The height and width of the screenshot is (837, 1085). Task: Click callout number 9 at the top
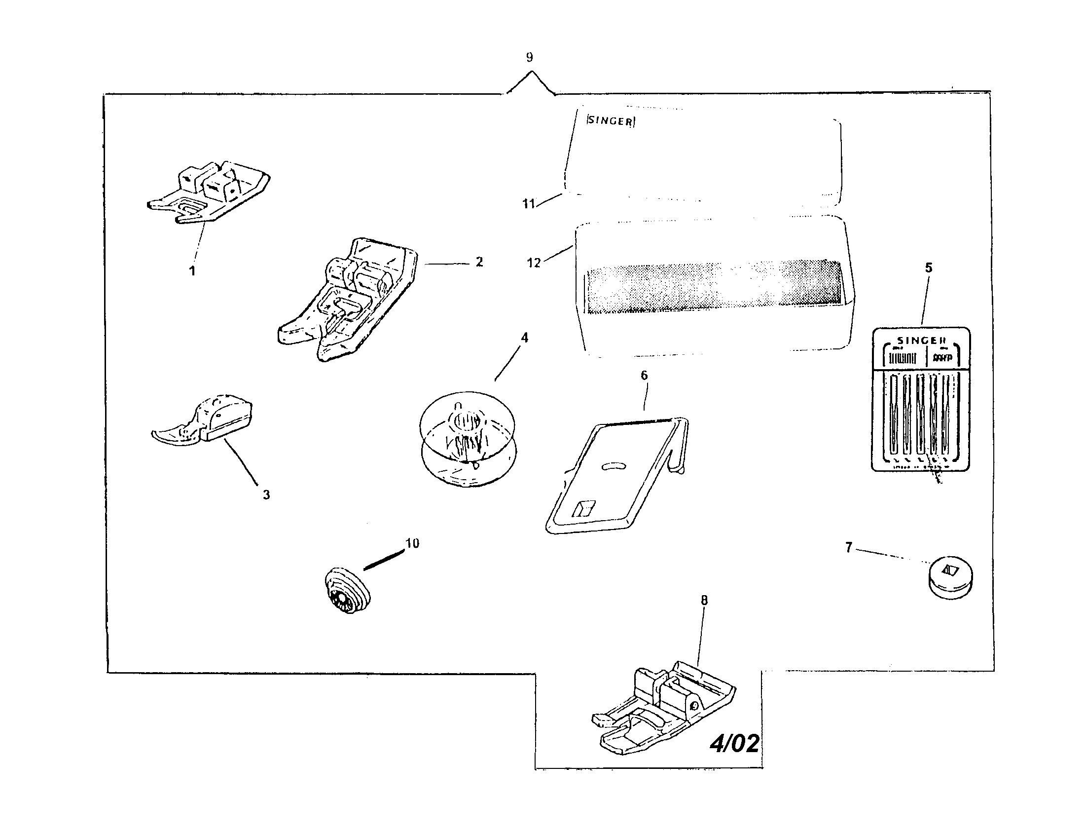click(529, 58)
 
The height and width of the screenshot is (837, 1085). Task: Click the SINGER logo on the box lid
click(610, 121)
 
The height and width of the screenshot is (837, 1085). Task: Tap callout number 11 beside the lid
click(528, 204)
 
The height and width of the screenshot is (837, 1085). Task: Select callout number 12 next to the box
click(533, 263)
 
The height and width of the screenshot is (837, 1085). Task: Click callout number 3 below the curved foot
click(266, 495)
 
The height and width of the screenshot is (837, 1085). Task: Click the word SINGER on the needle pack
click(921, 341)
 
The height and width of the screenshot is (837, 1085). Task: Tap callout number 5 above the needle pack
click(929, 268)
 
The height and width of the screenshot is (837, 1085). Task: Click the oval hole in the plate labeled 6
click(614, 466)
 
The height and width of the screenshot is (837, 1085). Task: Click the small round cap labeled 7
click(950, 576)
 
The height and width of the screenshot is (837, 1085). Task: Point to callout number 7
click(849, 548)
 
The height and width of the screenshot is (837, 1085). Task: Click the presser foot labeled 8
click(663, 711)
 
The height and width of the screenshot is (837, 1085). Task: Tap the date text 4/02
click(734, 744)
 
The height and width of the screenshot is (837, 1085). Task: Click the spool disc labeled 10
click(347, 591)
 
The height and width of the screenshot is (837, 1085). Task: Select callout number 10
click(412, 543)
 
